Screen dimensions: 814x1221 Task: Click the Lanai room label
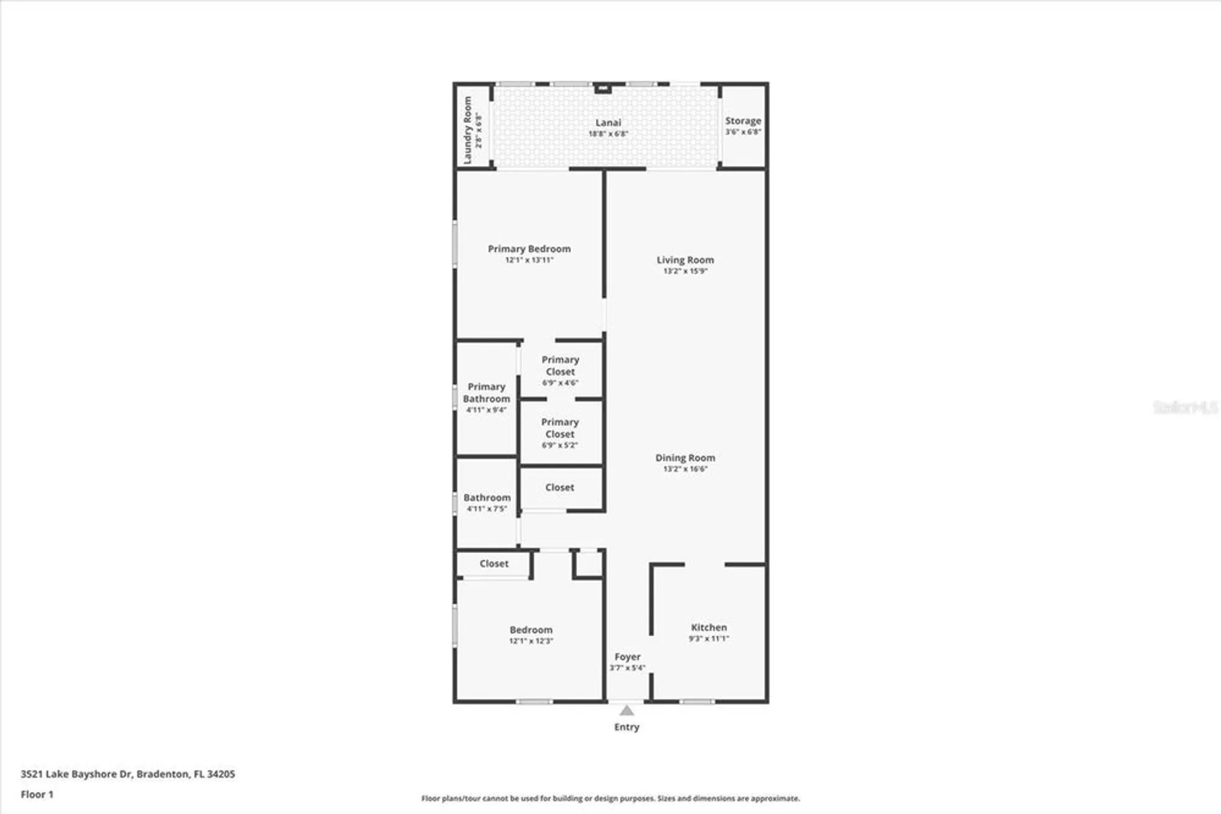point(608,123)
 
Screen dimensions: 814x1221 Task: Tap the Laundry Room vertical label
point(468,130)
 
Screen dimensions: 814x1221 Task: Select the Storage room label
point(743,121)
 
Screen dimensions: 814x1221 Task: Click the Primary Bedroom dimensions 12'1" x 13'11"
point(529,260)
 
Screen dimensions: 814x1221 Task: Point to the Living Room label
point(685,260)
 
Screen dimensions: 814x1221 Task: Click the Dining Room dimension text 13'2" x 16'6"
point(685,469)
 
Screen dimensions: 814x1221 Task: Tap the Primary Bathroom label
point(487,392)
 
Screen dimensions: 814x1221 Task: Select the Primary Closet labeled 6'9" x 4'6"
point(560,365)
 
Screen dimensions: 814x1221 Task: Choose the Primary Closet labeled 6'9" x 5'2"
point(560,428)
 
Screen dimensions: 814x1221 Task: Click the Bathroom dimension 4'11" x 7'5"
point(487,508)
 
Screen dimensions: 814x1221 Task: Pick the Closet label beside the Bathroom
point(559,487)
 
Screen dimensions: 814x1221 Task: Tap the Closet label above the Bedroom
point(494,563)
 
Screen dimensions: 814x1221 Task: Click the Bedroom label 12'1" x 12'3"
point(531,630)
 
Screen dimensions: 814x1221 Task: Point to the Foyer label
point(627,657)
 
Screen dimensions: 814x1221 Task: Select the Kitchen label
point(709,628)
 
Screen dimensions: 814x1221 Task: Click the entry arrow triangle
point(626,711)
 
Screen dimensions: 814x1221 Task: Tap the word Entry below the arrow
point(626,727)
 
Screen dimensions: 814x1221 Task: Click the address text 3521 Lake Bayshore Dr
point(76,774)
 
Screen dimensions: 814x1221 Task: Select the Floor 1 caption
point(37,794)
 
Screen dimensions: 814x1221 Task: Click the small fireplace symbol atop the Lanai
point(603,89)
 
